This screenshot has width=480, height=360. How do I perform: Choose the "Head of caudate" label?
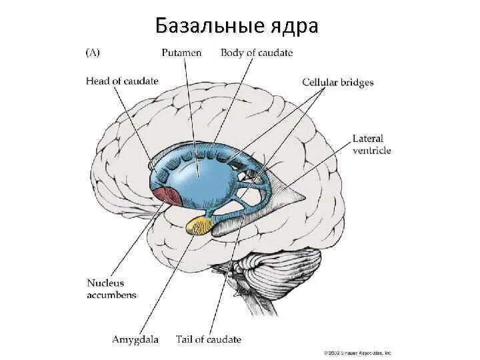[122, 81]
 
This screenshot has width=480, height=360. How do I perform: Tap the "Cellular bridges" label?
[337, 83]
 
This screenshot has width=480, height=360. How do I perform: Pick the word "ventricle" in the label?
[372, 151]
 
